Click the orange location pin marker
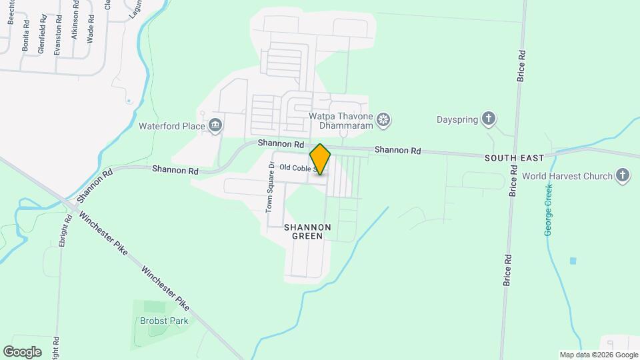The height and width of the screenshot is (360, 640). click(320, 159)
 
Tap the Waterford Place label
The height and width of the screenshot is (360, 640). click(171, 125)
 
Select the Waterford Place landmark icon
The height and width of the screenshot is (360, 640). click(215, 124)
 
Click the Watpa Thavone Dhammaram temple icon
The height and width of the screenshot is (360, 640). click(383, 120)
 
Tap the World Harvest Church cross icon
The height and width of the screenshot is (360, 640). click(623, 176)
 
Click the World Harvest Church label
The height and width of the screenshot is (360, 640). click(576, 177)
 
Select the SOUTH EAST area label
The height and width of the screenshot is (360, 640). click(514, 158)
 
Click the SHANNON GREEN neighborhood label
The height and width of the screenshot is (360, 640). click(307, 231)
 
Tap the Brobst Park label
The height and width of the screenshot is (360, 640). click(164, 321)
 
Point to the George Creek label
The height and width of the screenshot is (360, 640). click(549, 209)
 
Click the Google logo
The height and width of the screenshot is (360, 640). click(21, 351)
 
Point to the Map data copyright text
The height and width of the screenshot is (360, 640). click(599, 355)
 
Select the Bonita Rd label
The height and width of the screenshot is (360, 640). click(25, 35)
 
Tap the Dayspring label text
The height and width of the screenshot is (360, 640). click(457, 120)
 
